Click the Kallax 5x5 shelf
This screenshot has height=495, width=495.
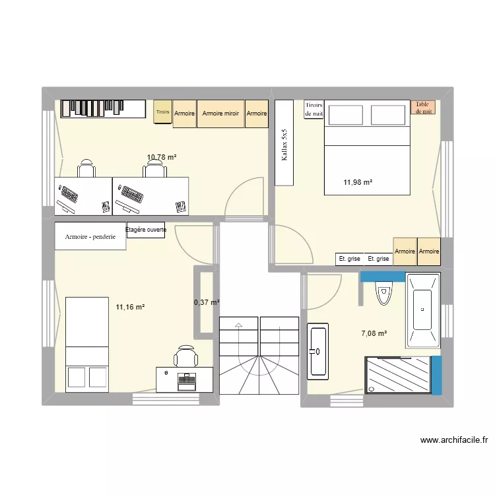[284, 143]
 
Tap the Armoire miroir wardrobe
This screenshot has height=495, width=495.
[220, 114]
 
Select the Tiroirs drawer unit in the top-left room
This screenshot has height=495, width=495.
[162, 113]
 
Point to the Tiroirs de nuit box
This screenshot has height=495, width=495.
[314, 109]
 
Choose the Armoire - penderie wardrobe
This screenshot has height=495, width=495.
[90, 236]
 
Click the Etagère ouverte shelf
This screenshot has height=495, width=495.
[146, 230]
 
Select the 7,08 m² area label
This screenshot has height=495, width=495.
[374, 333]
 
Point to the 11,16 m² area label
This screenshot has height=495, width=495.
[130, 306]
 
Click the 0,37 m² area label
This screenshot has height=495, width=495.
[206, 302]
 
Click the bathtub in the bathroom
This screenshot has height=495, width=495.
[422, 310]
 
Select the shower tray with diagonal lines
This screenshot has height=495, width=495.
[399, 375]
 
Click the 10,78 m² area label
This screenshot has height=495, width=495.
[162, 157]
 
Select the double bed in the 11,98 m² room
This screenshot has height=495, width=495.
[367, 148]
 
